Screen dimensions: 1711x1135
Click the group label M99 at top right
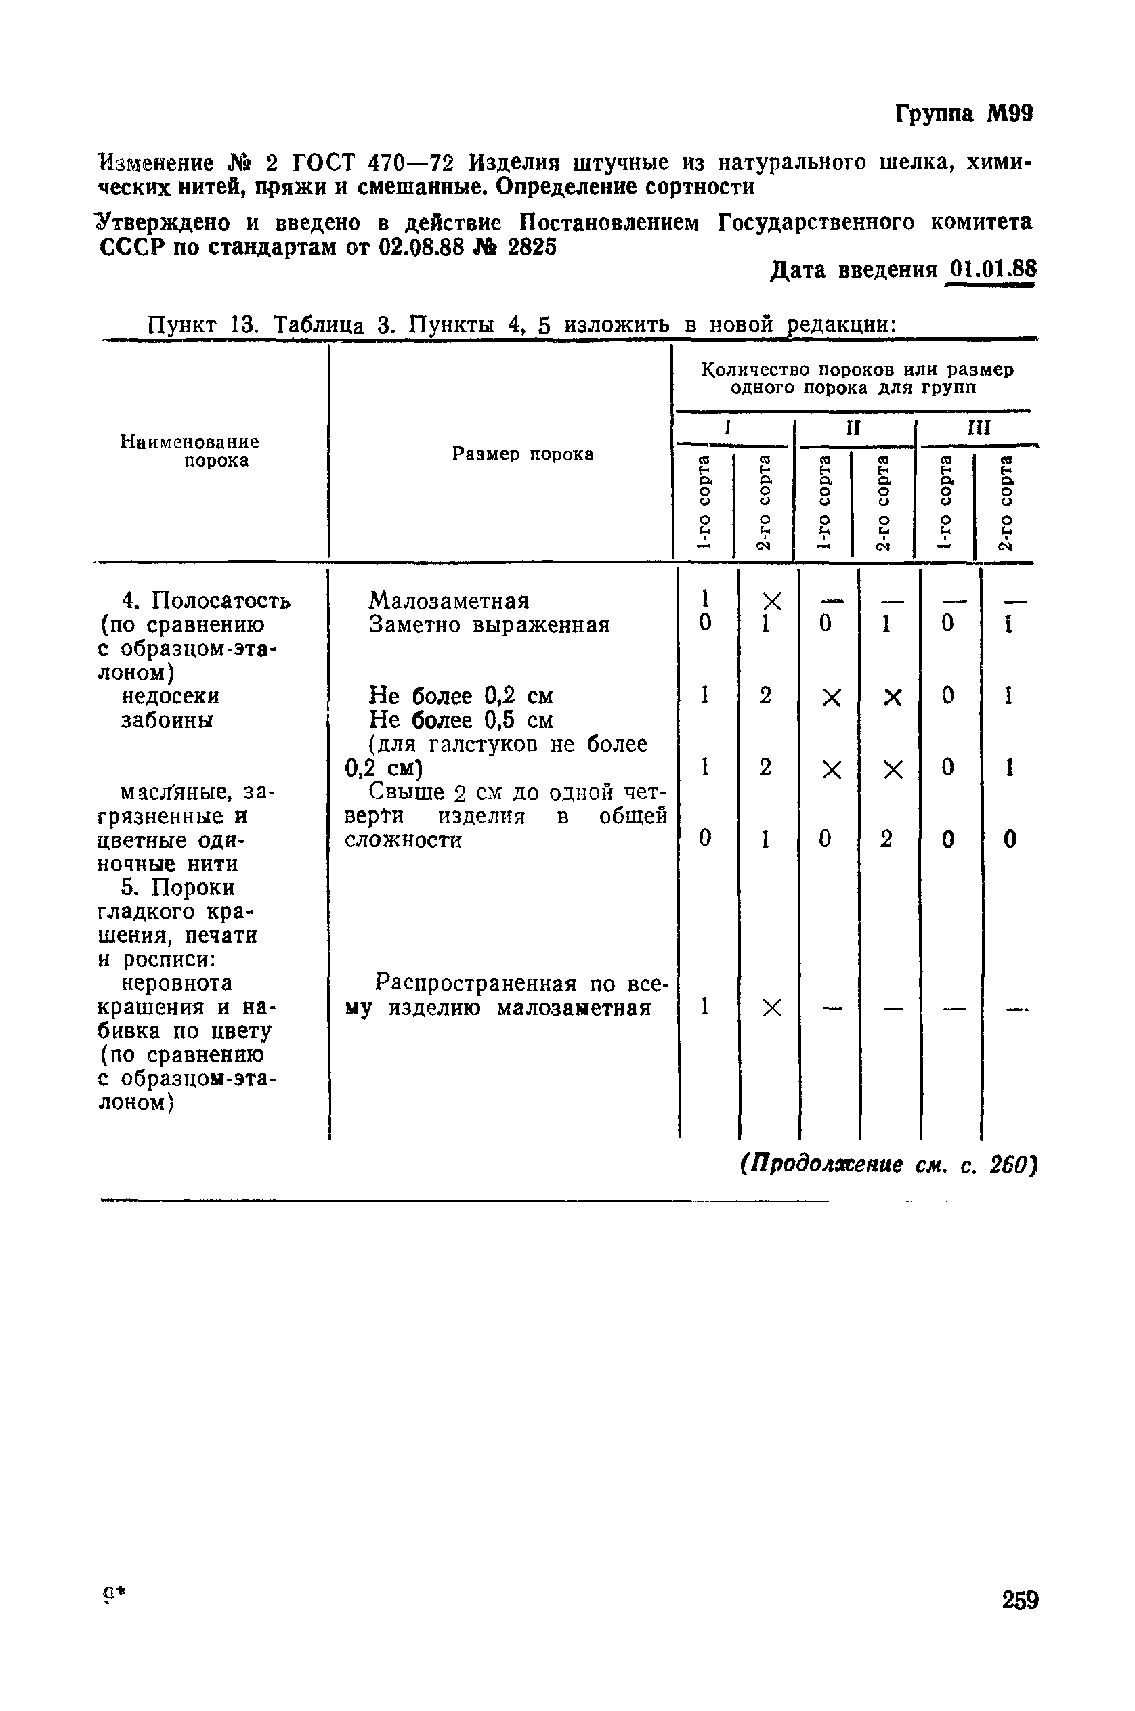1010,114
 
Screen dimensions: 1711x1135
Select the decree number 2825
532,248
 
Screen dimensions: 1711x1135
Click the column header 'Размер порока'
523,454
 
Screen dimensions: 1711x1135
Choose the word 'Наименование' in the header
189,441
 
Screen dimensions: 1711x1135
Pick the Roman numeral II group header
853,428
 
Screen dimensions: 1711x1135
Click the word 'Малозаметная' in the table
449,601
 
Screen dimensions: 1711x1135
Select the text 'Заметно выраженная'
490,625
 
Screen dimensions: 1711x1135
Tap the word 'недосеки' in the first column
170,696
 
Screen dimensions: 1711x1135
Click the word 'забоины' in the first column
167,720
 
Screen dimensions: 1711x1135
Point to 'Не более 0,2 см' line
461,696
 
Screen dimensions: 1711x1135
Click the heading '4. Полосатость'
207,601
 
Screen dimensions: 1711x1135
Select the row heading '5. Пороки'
177,888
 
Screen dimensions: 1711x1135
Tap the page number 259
1020,1600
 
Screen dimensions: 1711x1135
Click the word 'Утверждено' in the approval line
165,222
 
